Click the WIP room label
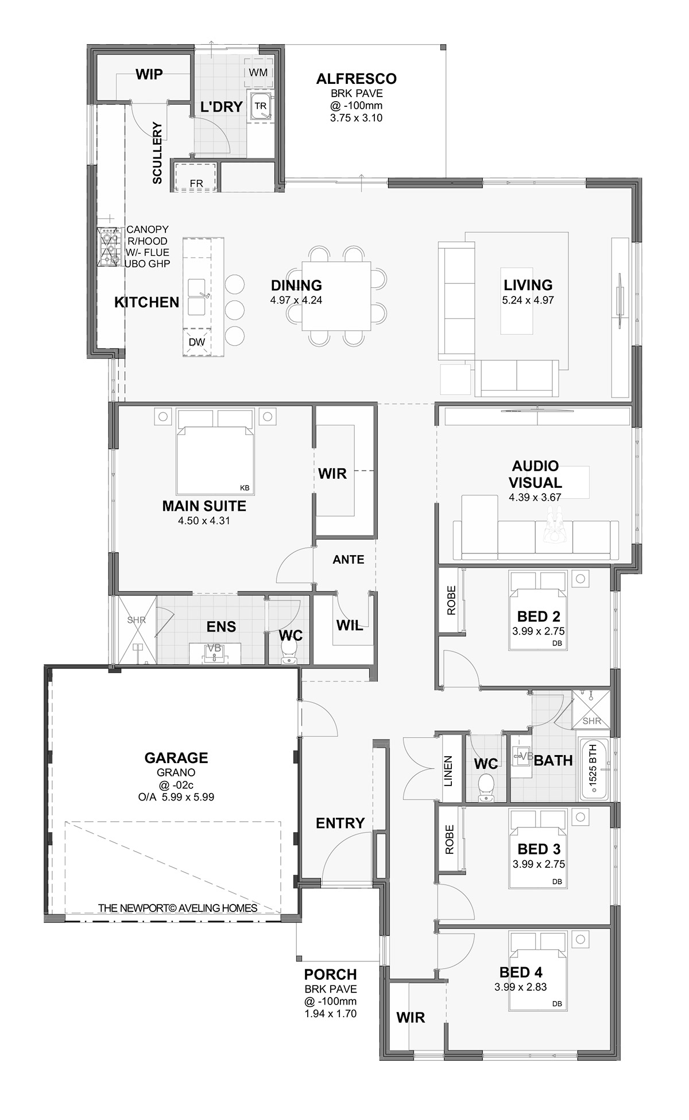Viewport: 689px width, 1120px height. [x=149, y=74]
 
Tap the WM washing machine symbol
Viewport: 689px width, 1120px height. [x=258, y=72]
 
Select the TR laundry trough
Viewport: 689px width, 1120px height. [x=261, y=106]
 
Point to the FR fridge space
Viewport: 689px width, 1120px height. [x=196, y=177]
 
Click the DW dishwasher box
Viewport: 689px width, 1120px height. [x=196, y=342]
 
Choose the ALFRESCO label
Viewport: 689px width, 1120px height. [x=356, y=79]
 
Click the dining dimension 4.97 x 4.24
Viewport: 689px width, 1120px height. [x=296, y=300]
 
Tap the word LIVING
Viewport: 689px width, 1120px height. [x=528, y=285]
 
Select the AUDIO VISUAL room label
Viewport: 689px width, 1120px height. [x=535, y=474]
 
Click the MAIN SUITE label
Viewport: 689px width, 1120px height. [x=204, y=506]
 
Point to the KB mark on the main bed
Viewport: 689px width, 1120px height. [x=245, y=488]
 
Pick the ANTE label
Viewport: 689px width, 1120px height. [x=349, y=560]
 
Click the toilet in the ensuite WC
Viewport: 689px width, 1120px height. [x=289, y=652]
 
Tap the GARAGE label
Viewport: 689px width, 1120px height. [x=176, y=758]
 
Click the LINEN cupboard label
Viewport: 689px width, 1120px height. [x=448, y=771]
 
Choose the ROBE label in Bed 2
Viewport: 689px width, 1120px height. [x=451, y=600]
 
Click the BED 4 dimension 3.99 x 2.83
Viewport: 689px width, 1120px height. [x=521, y=987]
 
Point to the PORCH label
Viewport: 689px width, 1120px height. [x=331, y=975]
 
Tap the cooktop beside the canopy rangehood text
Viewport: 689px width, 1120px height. [x=109, y=247]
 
